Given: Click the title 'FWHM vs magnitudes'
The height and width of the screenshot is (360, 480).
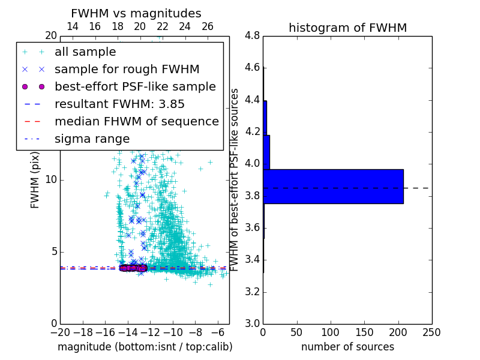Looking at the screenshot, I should tap(136, 13).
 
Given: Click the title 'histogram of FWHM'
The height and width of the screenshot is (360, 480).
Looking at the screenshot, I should tap(347, 28).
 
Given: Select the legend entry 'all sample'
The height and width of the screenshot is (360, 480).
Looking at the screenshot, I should tap(85, 52).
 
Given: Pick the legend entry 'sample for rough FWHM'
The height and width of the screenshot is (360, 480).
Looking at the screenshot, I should tap(127, 69).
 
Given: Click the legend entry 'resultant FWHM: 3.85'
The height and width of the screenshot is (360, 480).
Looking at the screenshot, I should tap(119, 104).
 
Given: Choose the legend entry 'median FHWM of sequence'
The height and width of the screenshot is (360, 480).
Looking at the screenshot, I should tap(136, 121).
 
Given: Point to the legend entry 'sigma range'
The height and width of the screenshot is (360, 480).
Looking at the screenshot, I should tap(92, 139).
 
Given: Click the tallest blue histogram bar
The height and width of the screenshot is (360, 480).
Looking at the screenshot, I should tap(333, 187).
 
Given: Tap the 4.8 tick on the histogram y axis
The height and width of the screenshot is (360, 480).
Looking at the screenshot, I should tap(253, 35).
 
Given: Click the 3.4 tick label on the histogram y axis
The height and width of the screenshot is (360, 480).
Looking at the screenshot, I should tap(253, 260).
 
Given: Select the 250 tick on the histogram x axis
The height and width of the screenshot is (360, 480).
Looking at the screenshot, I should tap(431, 332).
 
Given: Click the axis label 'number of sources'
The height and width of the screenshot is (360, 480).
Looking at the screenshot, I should tap(347, 347).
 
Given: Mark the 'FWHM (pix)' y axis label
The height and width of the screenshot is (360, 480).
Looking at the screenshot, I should tap(35, 179).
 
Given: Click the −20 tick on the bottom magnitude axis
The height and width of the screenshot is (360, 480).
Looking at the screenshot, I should tap(60, 332).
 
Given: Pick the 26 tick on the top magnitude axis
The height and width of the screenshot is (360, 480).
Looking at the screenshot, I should tap(208, 26).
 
